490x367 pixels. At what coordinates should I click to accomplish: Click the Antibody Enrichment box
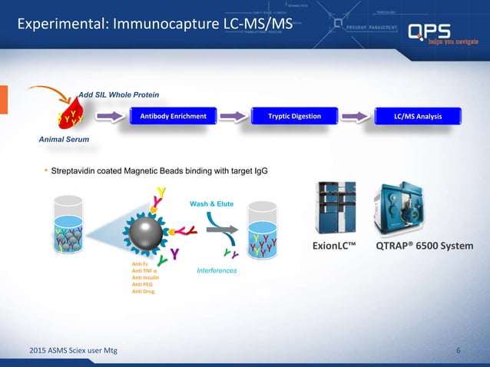coord(173,117)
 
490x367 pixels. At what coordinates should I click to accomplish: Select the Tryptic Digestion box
coord(295,117)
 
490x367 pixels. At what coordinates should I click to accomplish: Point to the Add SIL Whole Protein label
coord(119,94)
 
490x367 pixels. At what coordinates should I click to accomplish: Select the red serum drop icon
coord(68,117)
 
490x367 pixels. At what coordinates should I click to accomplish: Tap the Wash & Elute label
coord(208,203)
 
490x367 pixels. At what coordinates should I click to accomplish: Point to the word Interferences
coord(217,271)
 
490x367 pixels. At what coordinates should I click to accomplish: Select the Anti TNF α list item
coord(145,271)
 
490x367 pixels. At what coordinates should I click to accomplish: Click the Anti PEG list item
coord(142,285)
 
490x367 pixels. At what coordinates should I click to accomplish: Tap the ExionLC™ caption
coord(336,246)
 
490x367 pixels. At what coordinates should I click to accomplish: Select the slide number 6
coord(459,351)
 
